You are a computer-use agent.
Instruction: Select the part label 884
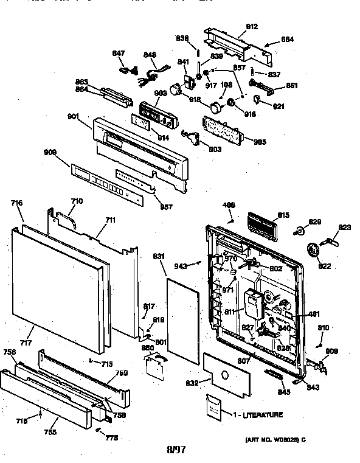[x=287, y=39]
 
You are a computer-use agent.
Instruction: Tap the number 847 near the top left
[x=118, y=54]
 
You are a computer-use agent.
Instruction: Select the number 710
[x=77, y=201]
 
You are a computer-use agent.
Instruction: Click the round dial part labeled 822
[x=314, y=250]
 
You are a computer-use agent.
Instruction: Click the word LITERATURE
[x=263, y=414]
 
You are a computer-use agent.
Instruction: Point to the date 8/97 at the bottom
[x=176, y=450]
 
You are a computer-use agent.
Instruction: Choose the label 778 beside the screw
[x=112, y=437]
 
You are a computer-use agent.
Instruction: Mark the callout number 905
[x=260, y=142]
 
